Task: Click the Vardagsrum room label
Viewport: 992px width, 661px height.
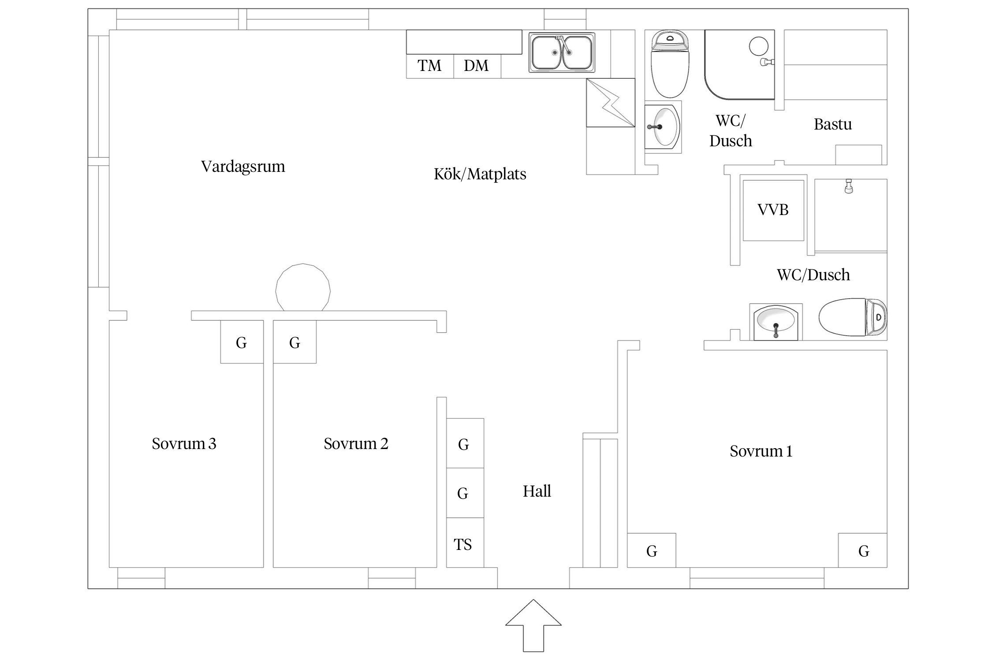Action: (x=243, y=167)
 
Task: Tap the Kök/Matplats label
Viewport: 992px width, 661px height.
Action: (x=480, y=174)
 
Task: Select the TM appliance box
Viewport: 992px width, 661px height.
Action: (x=430, y=66)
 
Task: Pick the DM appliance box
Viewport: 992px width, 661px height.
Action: (x=477, y=66)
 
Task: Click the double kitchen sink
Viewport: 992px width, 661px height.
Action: (x=562, y=53)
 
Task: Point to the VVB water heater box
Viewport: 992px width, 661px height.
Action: (x=773, y=210)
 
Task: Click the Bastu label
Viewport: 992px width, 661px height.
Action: (x=832, y=124)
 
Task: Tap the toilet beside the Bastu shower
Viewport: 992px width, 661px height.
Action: (x=670, y=64)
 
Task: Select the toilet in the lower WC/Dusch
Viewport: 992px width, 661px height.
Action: (x=853, y=317)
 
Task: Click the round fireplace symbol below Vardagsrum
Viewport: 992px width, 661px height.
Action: (x=303, y=287)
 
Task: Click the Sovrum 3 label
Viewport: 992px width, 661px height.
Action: (x=184, y=443)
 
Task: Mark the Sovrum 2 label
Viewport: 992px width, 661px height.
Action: (x=356, y=443)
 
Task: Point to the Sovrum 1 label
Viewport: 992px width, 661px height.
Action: (x=761, y=451)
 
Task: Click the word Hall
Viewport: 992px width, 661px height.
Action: (x=537, y=491)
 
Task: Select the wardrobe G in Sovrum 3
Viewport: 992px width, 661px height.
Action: (x=242, y=342)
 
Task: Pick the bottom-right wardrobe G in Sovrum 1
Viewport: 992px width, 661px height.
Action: (x=862, y=550)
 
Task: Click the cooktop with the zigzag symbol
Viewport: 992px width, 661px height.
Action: (x=611, y=103)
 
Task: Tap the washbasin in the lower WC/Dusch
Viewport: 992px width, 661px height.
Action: (x=776, y=323)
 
